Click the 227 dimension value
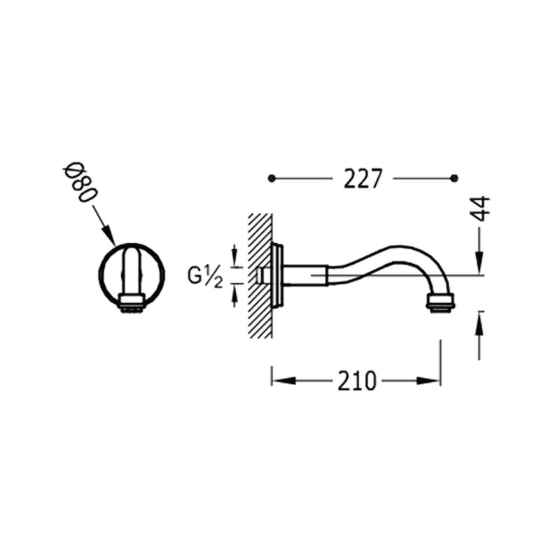point(363,178)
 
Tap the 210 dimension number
point(357,381)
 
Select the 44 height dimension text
point(480,208)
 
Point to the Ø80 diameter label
point(80,184)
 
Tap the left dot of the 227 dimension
point(272,178)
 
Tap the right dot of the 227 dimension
point(454,178)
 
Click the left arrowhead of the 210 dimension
point(284,381)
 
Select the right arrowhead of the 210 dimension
point(428,381)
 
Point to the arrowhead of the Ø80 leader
point(109,236)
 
